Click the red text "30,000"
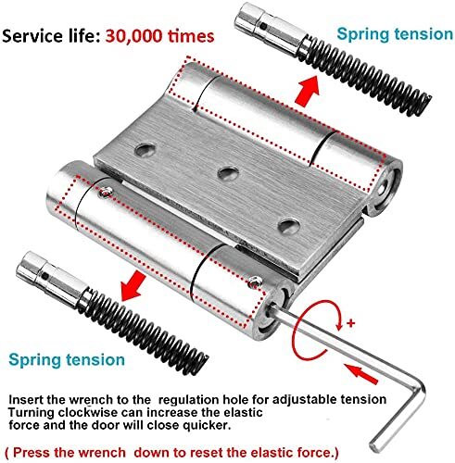point(133,36)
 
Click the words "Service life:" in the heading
point(51,36)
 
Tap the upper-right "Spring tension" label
point(395,34)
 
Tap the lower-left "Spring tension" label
point(67,360)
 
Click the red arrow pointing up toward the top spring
point(307,91)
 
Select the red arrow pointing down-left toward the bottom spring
point(133,286)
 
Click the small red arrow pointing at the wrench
point(361,373)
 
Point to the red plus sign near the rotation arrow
point(350,323)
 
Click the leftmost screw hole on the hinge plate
point(145,150)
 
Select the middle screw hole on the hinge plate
point(228,173)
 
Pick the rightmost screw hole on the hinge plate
point(289,226)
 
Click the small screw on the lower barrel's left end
point(106,193)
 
